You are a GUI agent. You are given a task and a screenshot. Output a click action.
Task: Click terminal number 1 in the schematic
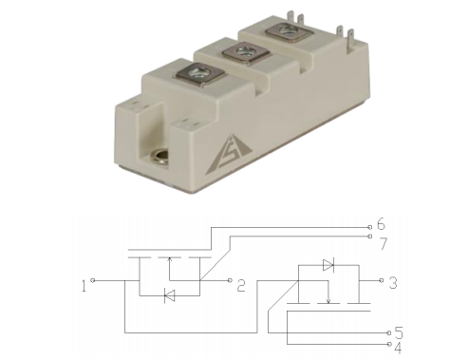coord(84,286)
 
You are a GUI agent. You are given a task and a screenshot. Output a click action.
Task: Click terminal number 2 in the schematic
coord(241,285)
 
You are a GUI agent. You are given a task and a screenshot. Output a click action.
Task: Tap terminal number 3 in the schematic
coord(393,283)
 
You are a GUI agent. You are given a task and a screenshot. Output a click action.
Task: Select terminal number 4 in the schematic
coord(398,348)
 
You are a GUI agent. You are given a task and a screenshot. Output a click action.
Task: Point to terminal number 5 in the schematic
coord(399,333)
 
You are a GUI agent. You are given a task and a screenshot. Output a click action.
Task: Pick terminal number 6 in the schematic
coord(381,224)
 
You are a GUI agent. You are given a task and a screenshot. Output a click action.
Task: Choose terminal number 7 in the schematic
coord(384,243)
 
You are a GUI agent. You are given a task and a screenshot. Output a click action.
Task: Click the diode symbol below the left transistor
coord(170,296)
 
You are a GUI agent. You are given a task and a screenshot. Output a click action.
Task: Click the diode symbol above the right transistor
coord(328,265)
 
